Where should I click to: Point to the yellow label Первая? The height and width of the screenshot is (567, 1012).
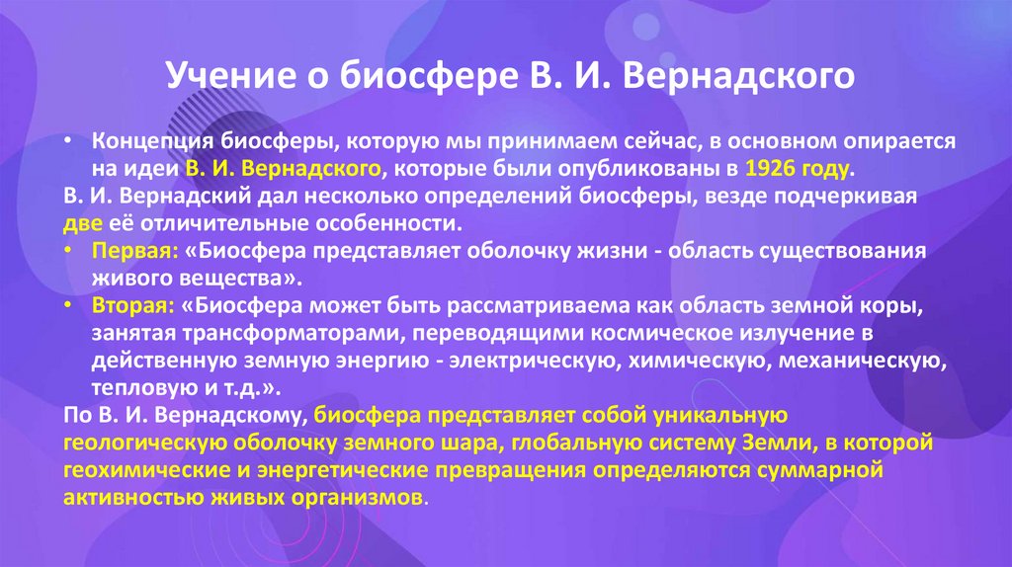tap(126, 251)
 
